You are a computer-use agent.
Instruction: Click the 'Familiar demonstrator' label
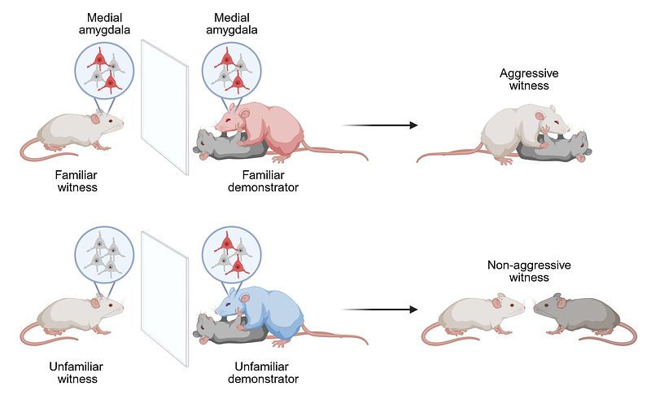coord(269,181)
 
